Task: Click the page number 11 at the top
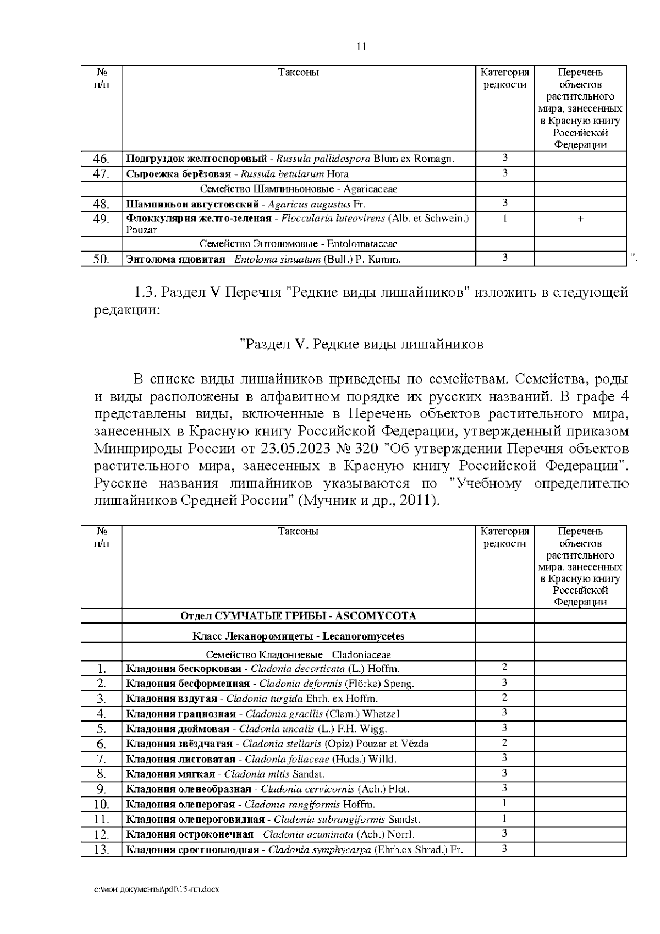[361, 46]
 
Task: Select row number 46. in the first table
[101, 159]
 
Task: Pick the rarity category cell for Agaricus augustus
[504, 203]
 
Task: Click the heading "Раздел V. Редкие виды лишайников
[362, 345]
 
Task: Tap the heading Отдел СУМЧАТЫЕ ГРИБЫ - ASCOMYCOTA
[298, 616]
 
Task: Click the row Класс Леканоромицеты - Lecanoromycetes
[298, 636]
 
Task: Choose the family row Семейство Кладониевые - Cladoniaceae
[298, 655]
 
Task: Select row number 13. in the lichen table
[101, 850]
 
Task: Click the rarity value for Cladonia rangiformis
[504, 804]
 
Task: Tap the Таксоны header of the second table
[298, 532]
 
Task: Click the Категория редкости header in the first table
[504, 78]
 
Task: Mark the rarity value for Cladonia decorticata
[504, 668]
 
